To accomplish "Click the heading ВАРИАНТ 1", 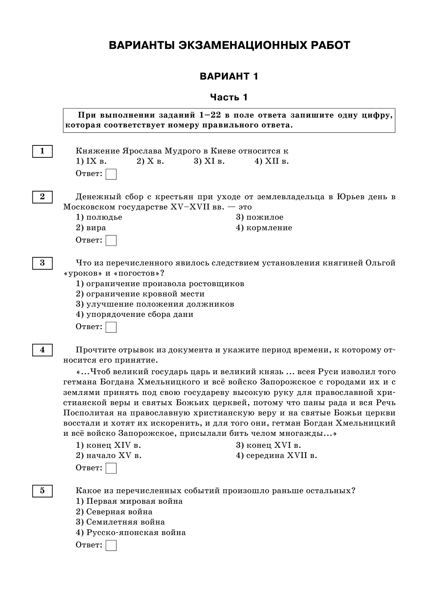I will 229,76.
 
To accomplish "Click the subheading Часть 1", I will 229,97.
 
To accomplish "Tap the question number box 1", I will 42,151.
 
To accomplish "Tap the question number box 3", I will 42,263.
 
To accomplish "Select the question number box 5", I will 42,491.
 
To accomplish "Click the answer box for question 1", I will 111,174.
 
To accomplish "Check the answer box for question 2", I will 111,241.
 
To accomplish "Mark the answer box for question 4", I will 111,469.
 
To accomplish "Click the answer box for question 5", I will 111,546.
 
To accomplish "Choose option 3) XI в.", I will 209,162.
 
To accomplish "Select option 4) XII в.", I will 271,162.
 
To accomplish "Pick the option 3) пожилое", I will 259,218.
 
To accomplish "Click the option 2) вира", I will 91,228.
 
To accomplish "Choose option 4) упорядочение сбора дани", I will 134,314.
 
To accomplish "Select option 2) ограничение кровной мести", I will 140,294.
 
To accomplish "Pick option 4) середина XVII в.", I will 276,456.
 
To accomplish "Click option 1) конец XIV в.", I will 108,445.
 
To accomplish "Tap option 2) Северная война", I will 114,512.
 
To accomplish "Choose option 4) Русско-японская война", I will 131,533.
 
